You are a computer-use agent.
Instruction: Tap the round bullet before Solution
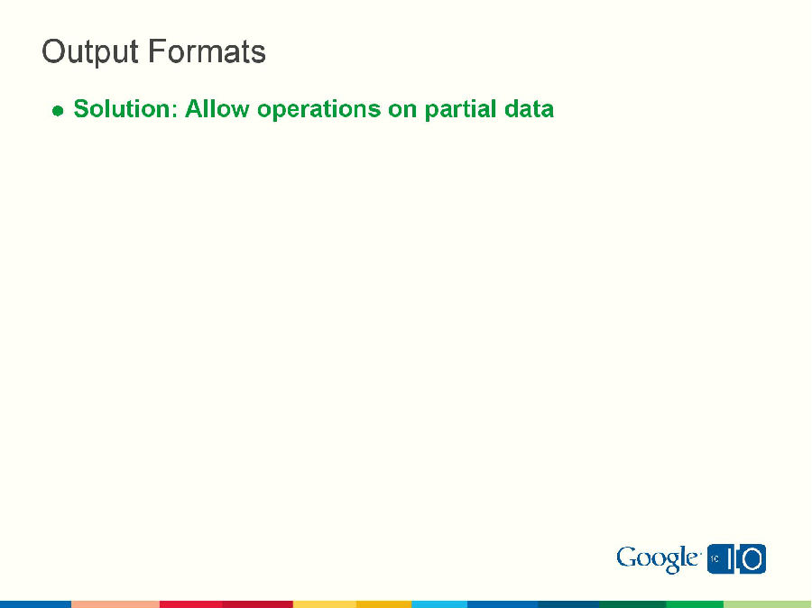point(58,111)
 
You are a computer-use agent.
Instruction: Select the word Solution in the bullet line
point(124,109)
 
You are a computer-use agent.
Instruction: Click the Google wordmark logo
point(658,559)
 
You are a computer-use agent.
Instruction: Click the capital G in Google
point(627,558)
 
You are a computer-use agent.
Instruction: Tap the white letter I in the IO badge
point(731,559)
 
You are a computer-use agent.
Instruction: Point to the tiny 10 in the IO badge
point(714,559)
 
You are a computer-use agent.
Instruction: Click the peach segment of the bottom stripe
point(115,603)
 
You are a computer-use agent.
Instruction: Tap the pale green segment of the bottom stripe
point(767,603)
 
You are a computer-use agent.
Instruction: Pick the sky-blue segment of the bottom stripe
point(439,603)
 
